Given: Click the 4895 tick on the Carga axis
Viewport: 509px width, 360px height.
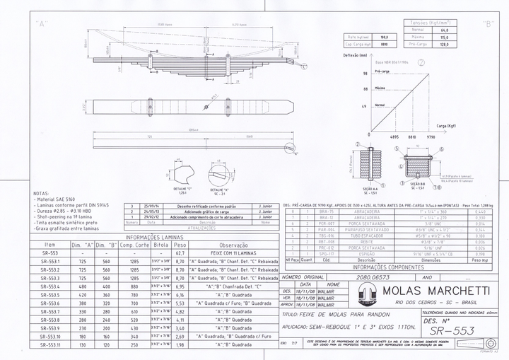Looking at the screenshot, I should (394, 137).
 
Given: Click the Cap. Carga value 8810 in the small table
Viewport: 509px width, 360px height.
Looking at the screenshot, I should (384, 43).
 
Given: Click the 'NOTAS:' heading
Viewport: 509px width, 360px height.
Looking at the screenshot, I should (41, 193).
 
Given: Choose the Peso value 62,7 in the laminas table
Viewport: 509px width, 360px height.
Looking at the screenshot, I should (180, 252).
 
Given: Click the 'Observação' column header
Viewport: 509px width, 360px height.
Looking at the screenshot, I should (233, 244).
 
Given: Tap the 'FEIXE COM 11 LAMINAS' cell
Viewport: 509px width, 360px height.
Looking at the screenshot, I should (233, 252).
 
